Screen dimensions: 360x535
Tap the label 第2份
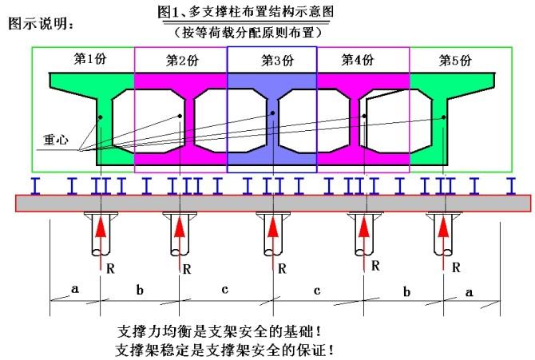point(182,61)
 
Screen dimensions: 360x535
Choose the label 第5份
point(456,60)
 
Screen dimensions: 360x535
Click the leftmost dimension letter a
point(75,290)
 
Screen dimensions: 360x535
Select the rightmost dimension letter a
point(469,292)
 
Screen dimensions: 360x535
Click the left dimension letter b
point(140,290)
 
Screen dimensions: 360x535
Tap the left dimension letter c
point(224,290)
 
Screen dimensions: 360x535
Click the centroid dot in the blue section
point(272,113)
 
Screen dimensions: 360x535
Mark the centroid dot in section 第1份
point(101,117)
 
